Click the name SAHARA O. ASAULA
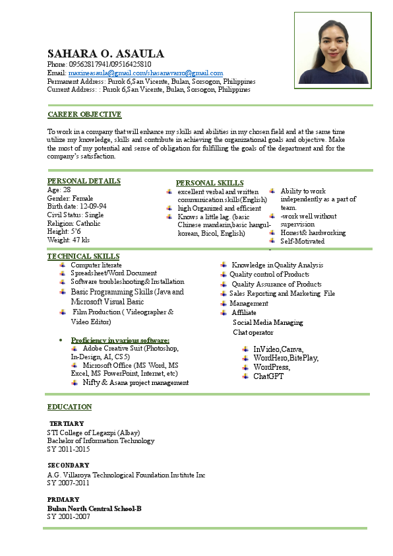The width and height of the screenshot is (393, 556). tap(106, 53)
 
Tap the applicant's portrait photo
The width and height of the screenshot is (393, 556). tap(333, 51)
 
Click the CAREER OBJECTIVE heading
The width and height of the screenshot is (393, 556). tap(84, 114)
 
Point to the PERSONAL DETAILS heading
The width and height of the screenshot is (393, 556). tap(84, 181)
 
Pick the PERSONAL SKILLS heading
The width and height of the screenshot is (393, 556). tap(210, 183)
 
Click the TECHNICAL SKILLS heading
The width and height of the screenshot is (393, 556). tap(84, 256)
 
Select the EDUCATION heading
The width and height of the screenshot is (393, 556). tap(69, 407)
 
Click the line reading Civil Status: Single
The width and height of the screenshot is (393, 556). tap(75, 215)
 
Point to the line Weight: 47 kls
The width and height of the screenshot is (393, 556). tap(68, 240)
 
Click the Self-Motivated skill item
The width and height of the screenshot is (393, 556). tap(302, 242)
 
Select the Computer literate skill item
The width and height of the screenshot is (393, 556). tap(96, 265)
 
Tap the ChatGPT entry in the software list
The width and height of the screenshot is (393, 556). tap(268, 376)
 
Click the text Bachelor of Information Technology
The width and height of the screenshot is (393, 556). tap(100, 440)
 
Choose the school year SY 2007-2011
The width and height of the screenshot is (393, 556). tap(68, 483)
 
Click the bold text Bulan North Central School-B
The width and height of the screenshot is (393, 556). tap(94, 508)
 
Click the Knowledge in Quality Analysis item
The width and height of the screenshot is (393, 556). tap(277, 265)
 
